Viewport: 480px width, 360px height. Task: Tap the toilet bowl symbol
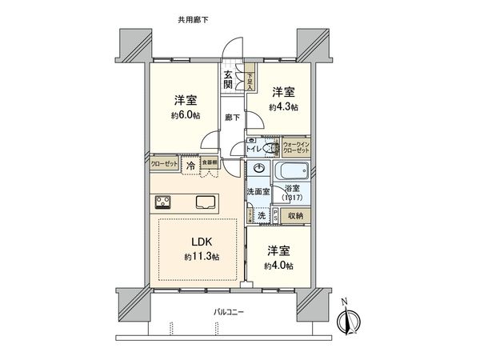(x=270, y=149)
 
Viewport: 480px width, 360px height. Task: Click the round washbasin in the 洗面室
(x=259, y=169)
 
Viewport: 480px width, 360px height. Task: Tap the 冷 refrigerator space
(x=190, y=165)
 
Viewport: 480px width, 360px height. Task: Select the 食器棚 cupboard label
(x=209, y=161)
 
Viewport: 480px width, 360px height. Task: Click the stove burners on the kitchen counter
(x=162, y=201)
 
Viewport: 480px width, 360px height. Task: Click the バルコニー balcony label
(x=228, y=311)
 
